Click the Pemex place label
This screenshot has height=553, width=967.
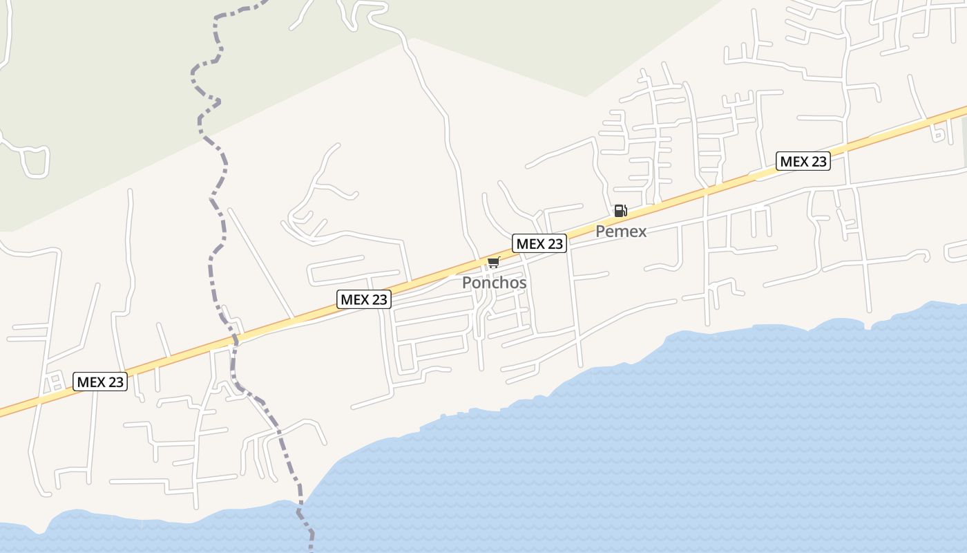[621, 232]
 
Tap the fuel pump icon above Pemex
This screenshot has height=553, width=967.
[620, 211]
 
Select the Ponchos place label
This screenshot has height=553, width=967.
[494, 283]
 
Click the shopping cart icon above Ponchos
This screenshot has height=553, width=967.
[493, 263]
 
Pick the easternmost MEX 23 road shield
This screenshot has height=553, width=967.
[803, 162]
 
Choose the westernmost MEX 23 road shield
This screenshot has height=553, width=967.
[100, 382]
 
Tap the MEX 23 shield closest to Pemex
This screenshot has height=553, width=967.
[539, 243]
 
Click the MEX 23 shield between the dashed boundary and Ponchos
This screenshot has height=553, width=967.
[364, 299]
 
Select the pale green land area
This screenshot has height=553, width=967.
[104, 83]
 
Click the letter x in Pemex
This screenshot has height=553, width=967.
[642, 232]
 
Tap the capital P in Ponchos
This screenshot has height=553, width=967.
[467, 283]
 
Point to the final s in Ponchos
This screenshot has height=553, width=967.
[522, 283]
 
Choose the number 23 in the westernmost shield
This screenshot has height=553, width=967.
[115, 382]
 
